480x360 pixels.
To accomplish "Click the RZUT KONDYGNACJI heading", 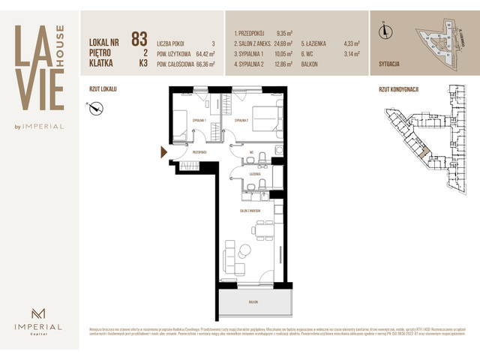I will click(x=398, y=89).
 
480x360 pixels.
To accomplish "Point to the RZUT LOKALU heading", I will click(x=103, y=89).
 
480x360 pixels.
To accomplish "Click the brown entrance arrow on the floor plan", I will click(x=163, y=153).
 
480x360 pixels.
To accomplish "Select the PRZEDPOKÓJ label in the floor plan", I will click(x=199, y=151).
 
